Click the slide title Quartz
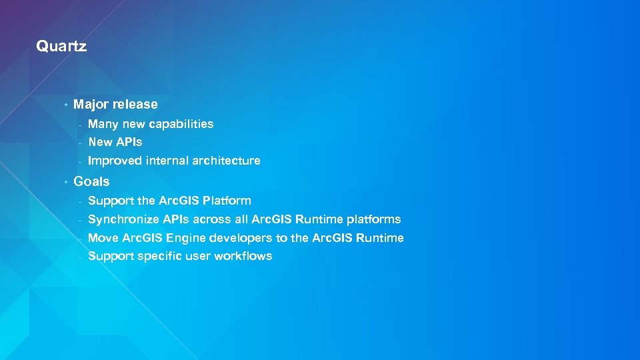click(x=61, y=47)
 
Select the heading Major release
click(x=115, y=104)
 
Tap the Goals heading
click(x=91, y=181)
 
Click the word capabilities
click(x=181, y=124)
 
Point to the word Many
click(x=102, y=124)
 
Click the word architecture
click(x=226, y=161)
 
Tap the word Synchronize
click(x=123, y=219)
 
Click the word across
click(x=212, y=219)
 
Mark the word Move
click(x=103, y=238)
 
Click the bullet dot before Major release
click(x=65, y=105)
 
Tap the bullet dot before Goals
click(x=65, y=182)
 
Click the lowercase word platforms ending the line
click(x=373, y=219)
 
